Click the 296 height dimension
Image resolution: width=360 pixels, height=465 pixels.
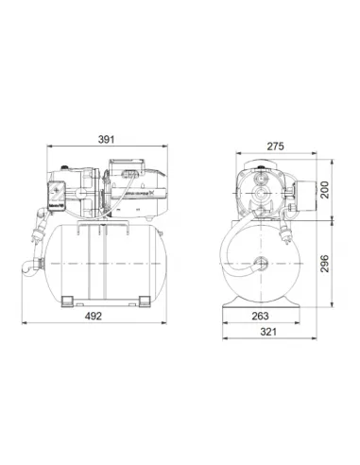325,264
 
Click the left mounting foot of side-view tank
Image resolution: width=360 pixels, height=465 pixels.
68,301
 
